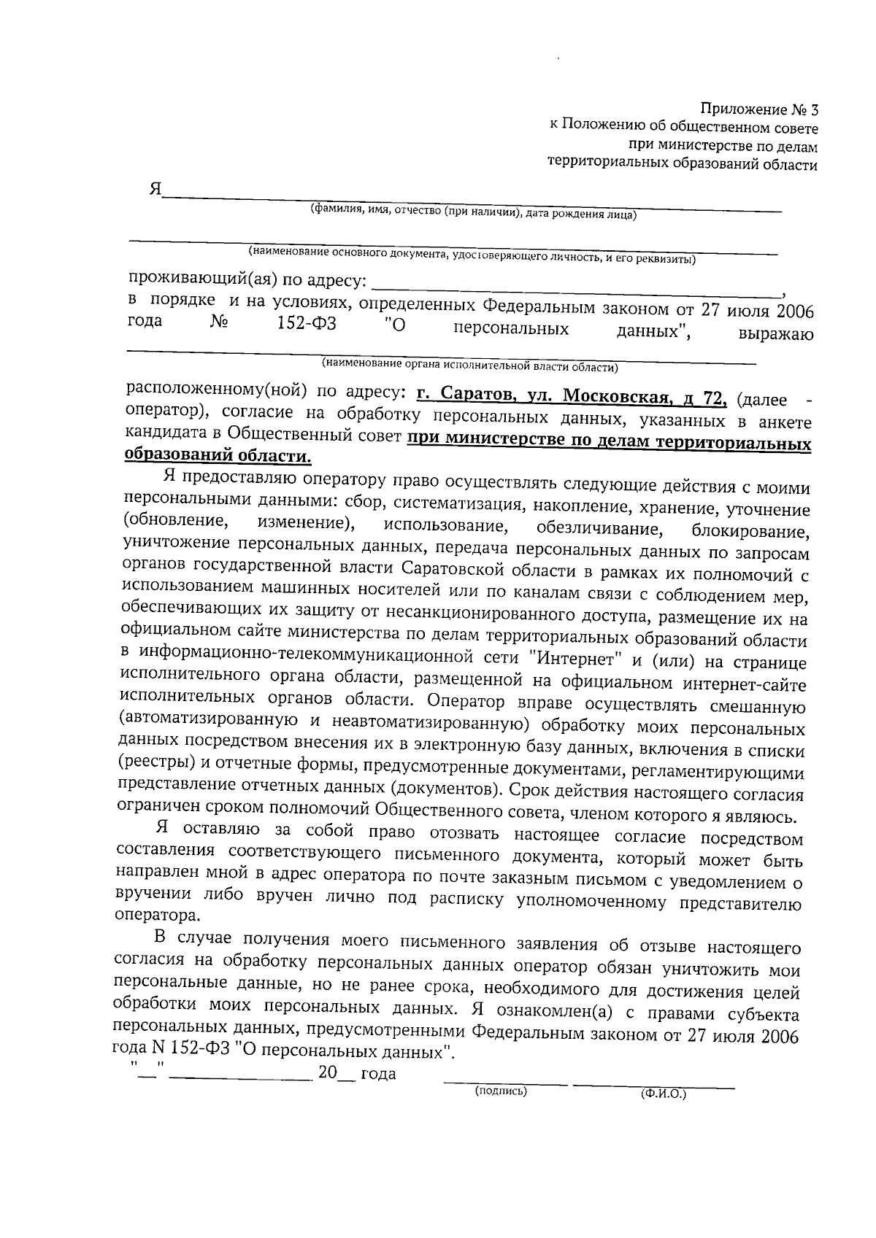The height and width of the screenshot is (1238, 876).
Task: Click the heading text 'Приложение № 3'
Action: pyautogui.click(x=759, y=110)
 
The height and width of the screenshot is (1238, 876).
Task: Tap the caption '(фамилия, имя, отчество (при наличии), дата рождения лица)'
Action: pyautogui.click(x=474, y=212)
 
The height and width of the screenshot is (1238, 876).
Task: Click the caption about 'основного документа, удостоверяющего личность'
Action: pyautogui.click(x=471, y=255)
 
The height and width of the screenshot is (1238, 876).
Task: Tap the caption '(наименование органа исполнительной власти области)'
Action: pyautogui.click(x=470, y=365)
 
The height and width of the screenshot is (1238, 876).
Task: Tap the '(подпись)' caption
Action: pyautogui.click(x=500, y=1091)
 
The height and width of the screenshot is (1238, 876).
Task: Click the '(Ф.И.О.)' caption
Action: pyautogui.click(x=663, y=1095)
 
